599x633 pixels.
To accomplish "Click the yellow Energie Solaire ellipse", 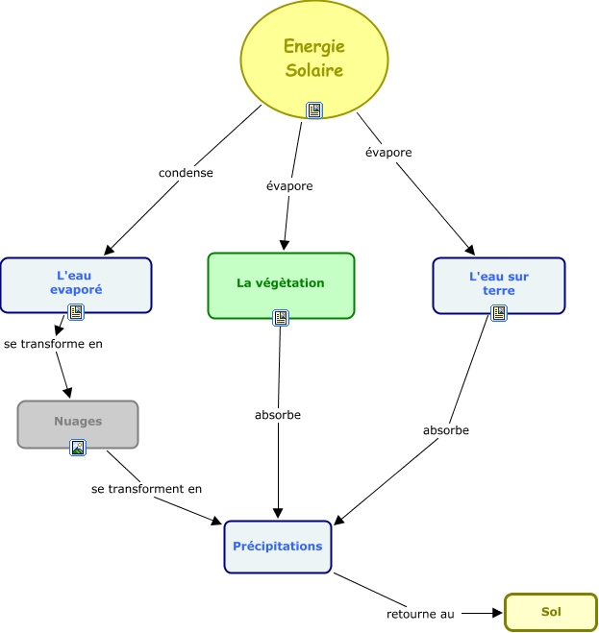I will click(x=313, y=58).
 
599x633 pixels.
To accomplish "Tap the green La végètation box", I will click(x=281, y=283).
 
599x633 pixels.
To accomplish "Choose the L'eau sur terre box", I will click(x=498, y=283).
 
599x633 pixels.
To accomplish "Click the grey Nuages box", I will click(x=78, y=422).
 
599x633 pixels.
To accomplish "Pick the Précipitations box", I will click(x=277, y=547).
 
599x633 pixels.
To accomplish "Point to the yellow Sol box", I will click(x=550, y=612).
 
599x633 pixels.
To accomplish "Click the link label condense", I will click(x=186, y=173).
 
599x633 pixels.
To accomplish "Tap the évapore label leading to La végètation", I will click(x=289, y=185).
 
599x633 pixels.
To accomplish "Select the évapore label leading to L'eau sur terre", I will click(x=388, y=152).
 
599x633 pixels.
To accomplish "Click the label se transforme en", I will click(x=53, y=343).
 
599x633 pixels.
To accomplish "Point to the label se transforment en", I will click(x=146, y=489).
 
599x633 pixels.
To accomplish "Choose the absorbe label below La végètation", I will click(x=278, y=415).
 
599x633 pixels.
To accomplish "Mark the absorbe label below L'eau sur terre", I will click(x=446, y=430).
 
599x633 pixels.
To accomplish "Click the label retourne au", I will click(x=420, y=613).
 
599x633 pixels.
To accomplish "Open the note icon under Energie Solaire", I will click(x=314, y=110).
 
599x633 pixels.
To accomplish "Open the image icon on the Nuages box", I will click(x=78, y=448).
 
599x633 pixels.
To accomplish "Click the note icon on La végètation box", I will click(x=281, y=317).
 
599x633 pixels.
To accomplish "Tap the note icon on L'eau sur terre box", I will click(x=498, y=312).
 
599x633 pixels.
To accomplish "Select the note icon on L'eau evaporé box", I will click(x=76, y=312).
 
